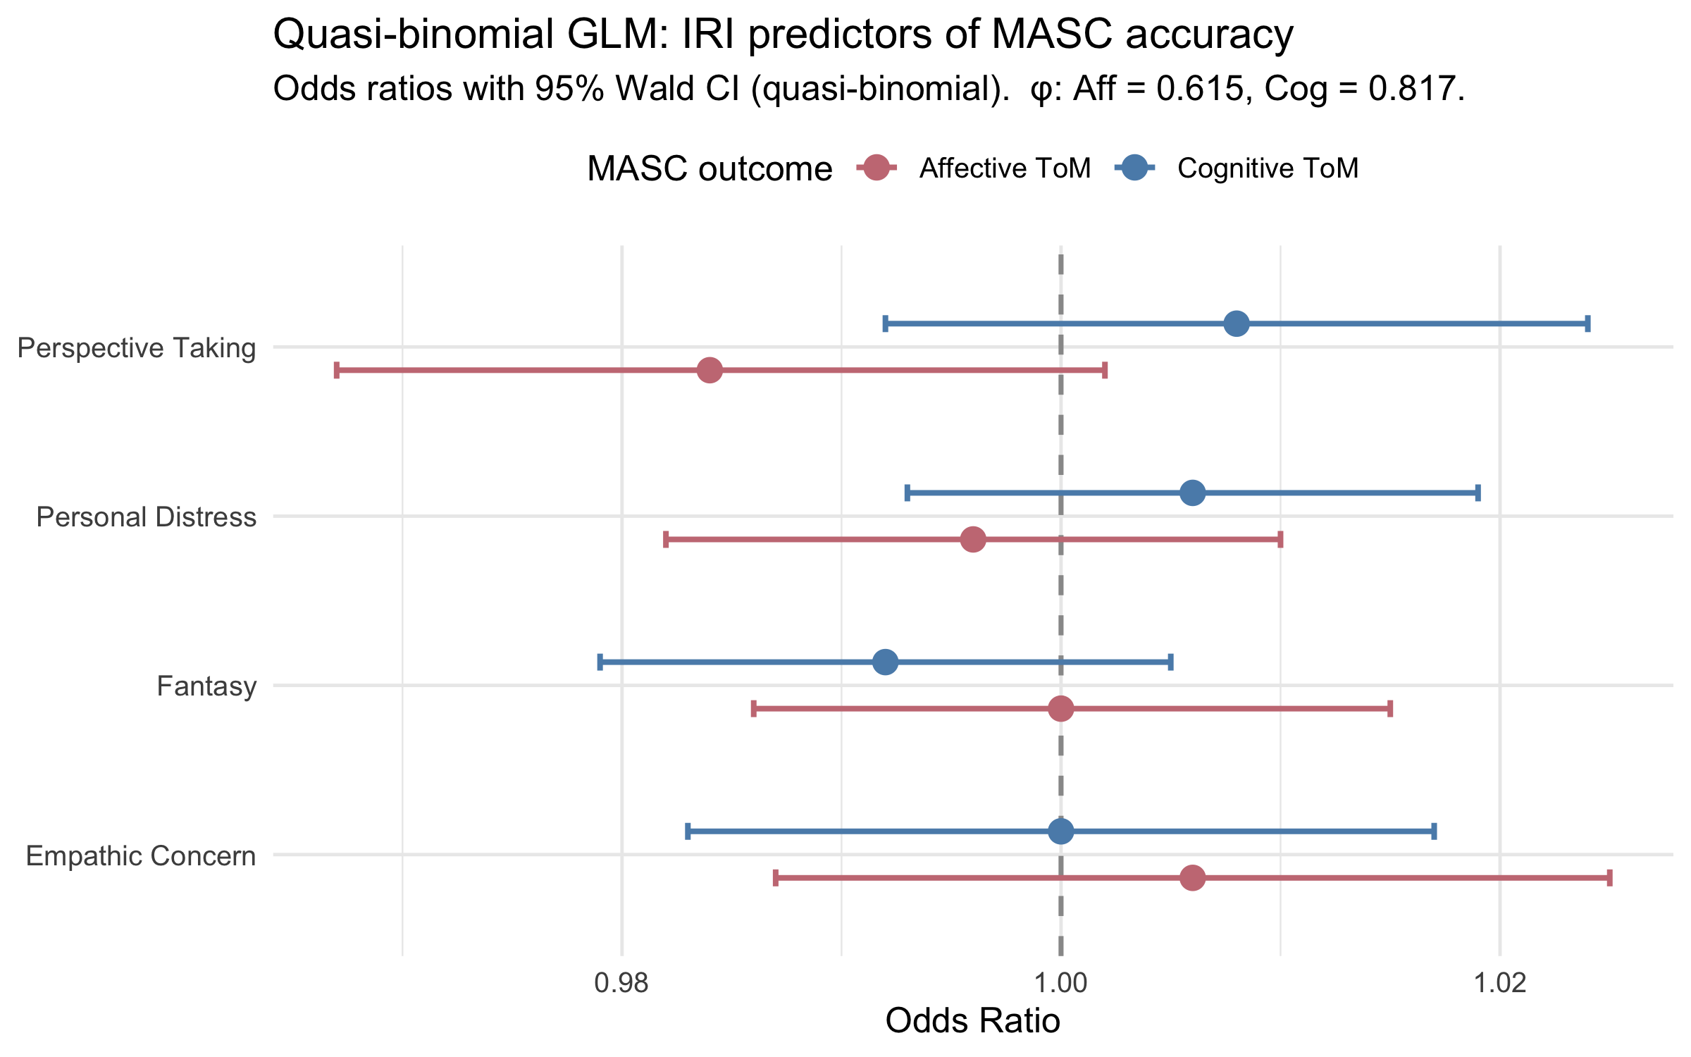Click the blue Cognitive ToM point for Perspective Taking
[x=1237, y=324]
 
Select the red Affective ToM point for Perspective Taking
[x=710, y=370]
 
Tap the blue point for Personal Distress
[x=1192, y=493]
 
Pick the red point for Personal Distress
[x=973, y=540]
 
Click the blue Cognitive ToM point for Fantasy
[x=885, y=662]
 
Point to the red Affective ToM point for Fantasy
[x=1061, y=709]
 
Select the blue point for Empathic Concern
[x=1061, y=832]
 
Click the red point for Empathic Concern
[x=1192, y=878]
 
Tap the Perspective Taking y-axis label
[x=137, y=348]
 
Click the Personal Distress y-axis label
[x=146, y=517]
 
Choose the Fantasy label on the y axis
[x=206, y=686]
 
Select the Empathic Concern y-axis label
[x=141, y=856]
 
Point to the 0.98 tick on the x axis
[x=621, y=982]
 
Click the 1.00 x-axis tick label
[x=1061, y=982]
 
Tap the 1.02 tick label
[x=1500, y=982]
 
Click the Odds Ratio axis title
[x=972, y=1021]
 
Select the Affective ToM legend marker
[x=877, y=168]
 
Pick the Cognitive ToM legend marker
[x=1135, y=168]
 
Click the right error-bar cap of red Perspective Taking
[x=1105, y=370]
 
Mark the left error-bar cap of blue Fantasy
[x=600, y=662]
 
